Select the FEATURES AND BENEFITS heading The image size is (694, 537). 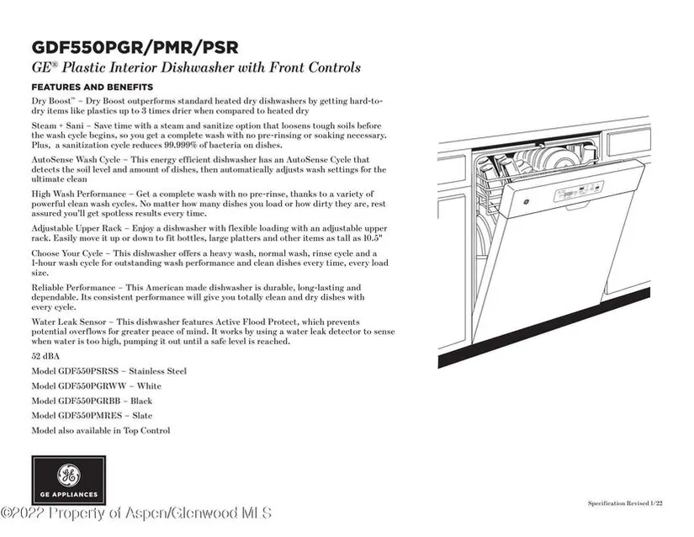pos(92,88)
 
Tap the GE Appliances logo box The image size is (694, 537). pos(68,480)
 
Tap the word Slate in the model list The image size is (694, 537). pos(142,416)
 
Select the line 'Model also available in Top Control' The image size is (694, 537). pos(100,431)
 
